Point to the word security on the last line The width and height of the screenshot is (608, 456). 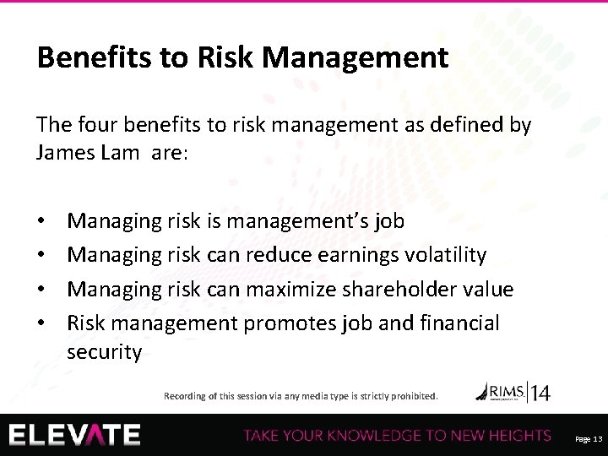click(x=105, y=352)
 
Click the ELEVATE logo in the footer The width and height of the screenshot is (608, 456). click(x=76, y=435)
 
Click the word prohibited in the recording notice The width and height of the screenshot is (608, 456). click(x=412, y=395)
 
